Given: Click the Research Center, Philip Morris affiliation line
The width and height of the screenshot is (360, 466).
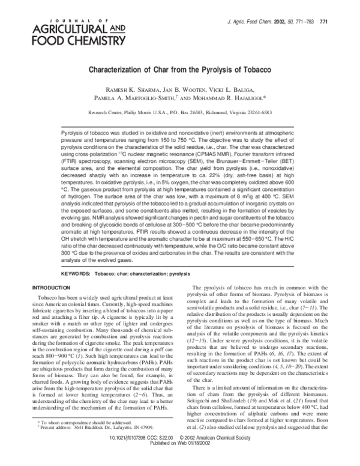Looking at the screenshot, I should [180, 112].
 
